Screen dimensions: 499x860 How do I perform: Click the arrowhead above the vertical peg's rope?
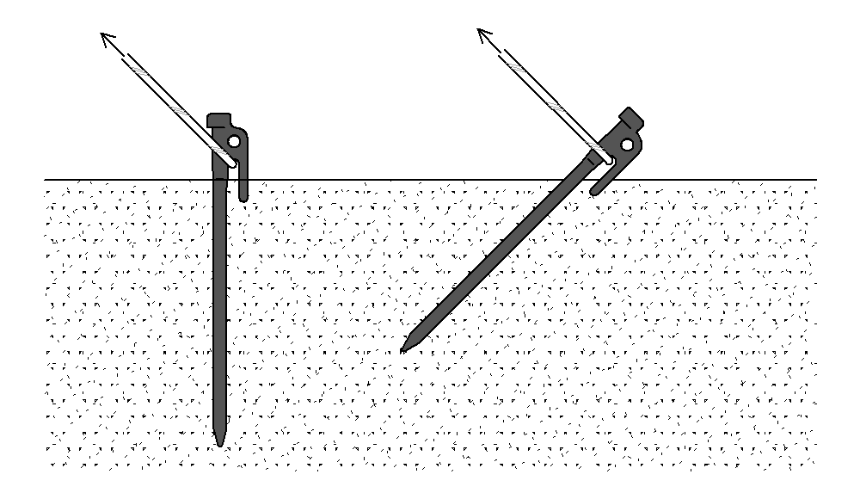[x=106, y=37]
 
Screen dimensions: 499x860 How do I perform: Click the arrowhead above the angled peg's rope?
[x=482, y=34]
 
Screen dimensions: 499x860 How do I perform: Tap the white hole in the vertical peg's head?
[x=233, y=141]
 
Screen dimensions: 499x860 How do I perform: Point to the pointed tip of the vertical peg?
[x=219, y=444]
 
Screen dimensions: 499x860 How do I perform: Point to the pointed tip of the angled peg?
[x=403, y=350]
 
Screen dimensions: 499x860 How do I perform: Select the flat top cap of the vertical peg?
[x=218, y=119]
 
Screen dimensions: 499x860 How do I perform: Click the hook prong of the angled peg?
[x=599, y=186]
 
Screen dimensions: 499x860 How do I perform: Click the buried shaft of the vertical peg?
[x=221, y=310]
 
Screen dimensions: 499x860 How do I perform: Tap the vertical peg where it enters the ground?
[x=222, y=180]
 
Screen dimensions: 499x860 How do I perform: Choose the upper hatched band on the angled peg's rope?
[x=513, y=63]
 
